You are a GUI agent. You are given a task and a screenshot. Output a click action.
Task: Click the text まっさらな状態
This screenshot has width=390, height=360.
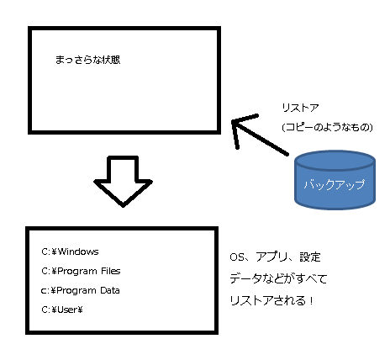click(x=87, y=60)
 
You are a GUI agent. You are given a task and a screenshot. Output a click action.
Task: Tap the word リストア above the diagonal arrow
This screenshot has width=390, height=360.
click(x=300, y=108)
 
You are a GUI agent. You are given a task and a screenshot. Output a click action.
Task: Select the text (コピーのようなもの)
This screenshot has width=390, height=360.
click(x=327, y=127)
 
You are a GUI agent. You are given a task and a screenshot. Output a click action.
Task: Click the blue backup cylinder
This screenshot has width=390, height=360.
click(x=335, y=180)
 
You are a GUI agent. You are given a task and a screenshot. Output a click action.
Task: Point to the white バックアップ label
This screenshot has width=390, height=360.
click(x=335, y=184)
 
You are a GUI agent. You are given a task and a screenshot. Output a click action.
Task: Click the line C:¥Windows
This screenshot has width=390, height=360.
click(x=70, y=251)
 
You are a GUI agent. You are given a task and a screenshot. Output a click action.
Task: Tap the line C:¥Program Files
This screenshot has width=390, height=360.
click(x=81, y=271)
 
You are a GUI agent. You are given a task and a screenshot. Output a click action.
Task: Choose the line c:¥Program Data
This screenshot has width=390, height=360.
click(x=81, y=290)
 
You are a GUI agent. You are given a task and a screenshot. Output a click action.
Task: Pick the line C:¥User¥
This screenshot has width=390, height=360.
click(x=62, y=310)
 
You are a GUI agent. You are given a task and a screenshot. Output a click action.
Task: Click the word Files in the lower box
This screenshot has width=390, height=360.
click(x=111, y=271)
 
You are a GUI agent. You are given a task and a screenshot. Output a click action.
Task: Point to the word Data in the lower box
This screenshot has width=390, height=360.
click(x=110, y=290)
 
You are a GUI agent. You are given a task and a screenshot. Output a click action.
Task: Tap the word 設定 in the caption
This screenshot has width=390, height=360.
click(x=310, y=257)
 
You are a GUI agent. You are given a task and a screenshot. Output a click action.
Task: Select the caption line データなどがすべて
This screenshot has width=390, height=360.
click(x=278, y=278)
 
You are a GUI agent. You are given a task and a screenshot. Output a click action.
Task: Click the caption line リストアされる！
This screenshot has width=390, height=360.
click(x=271, y=300)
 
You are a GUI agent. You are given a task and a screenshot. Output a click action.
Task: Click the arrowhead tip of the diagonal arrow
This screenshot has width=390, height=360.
click(x=232, y=121)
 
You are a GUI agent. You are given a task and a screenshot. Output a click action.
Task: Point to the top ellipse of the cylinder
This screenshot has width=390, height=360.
click(x=335, y=160)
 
